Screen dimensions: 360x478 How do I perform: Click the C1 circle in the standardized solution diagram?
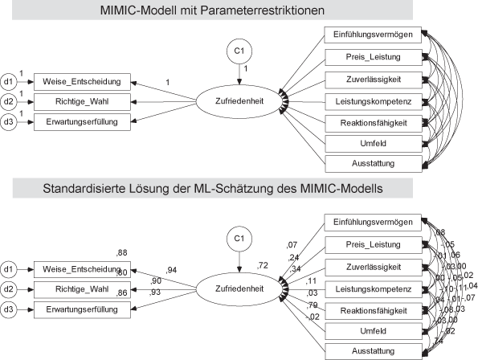click(x=238, y=239)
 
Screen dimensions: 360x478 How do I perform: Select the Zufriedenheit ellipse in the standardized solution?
click(x=238, y=288)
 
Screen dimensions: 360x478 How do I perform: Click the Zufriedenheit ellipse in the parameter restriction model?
click(x=238, y=102)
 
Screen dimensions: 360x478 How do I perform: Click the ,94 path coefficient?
click(x=171, y=269)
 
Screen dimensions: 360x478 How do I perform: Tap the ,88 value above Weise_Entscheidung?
click(x=122, y=253)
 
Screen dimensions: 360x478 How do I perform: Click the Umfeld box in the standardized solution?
click(x=374, y=330)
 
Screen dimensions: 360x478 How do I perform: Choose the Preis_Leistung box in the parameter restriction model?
click(x=374, y=57)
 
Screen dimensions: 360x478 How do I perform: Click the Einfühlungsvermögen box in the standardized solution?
click(x=374, y=222)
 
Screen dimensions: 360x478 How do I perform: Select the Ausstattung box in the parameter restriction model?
click(x=374, y=163)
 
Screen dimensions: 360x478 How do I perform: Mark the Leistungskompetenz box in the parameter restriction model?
click(x=374, y=100)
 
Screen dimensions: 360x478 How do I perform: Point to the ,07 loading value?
click(x=292, y=246)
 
